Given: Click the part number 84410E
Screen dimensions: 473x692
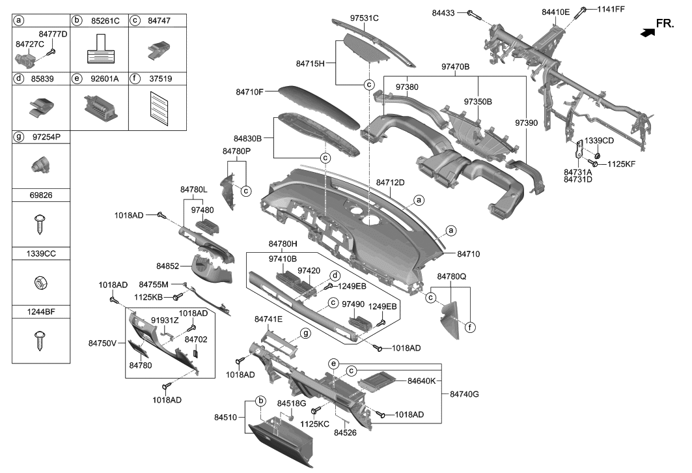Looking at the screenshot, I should tap(555, 12).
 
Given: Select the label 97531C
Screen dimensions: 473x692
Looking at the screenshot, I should tap(364, 18).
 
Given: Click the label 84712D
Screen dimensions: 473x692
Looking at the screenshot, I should tap(391, 182).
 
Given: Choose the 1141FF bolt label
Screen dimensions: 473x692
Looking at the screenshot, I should tap(611, 10).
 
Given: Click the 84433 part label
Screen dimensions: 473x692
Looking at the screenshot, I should tap(446, 12).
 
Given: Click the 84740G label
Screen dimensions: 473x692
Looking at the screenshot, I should tap(464, 394).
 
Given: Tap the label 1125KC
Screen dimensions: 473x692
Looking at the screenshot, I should tap(314, 423).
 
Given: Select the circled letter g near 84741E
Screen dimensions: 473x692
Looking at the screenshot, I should tap(304, 333).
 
